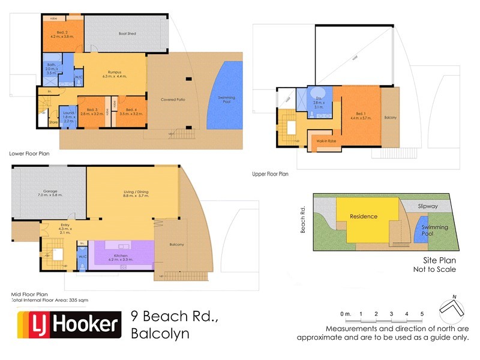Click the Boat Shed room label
pyautogui.click(x=127, y=34)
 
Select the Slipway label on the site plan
pyautogui.click(x=428, y=206)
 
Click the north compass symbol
pyautogui.click(x=453, y=307)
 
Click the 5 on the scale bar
pyautogui.click(x=422, y=314)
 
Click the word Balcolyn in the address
pyautogui.click(x=160, y=333)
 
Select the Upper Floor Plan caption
pyautogui.click(x=271, y=174)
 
